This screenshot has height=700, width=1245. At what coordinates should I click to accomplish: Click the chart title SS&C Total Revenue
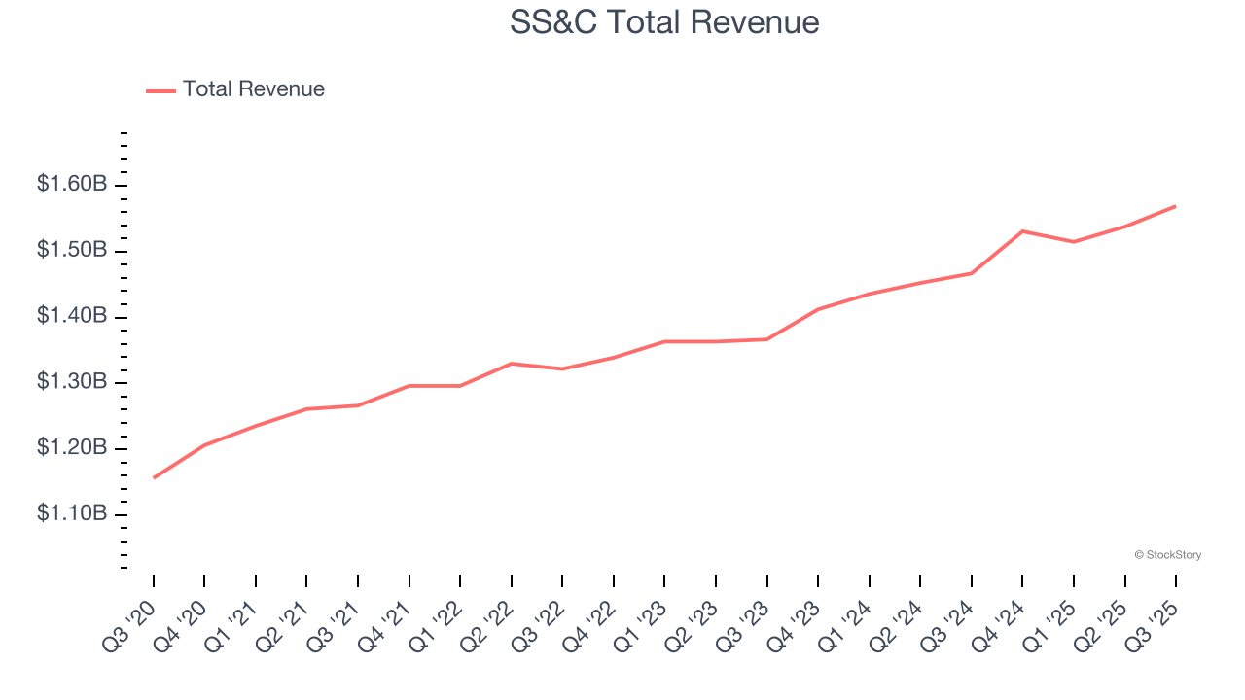pyautogui.click(x=664, y=21)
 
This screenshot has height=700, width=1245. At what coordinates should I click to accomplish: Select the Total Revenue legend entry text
pyautogui.click(x=253, y=89)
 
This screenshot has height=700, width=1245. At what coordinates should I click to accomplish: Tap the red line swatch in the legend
pyautogui.click(x=160, y=90)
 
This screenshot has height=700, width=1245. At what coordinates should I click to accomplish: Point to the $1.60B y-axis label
pyautogui.click(x=72, y=184)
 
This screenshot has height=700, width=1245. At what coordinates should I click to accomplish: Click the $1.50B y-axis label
pyautogui.click(x=72, y=250)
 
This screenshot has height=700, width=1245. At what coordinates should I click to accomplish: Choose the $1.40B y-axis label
pyautogui.click(x=72, y=316)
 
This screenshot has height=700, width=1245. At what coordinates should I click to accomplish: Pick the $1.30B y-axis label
pyautogui.click(x=72, y=382)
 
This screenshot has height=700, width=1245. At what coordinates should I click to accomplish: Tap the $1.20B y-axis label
pyautogui.click(x=72, y=448)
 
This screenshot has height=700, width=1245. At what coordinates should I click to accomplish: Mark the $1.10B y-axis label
pyautogui.click(x=72, y=513)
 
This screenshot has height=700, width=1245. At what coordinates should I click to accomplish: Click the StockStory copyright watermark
pyautogui.click(x=1167, y=555)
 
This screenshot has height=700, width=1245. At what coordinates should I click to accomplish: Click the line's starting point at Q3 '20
pyautogui.click(x=154, y=477)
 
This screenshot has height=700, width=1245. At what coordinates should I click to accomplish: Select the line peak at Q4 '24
pyautogui.click(x=1022, y=231)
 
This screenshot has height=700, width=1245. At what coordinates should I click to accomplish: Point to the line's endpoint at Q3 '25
pyautogui.click(x=1175, y=206)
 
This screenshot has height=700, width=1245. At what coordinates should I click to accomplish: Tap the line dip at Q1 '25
pyautogui.click(x=1073, y=241)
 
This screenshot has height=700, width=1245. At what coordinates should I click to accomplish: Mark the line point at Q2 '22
pyautogui.click(x=512, y=364)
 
